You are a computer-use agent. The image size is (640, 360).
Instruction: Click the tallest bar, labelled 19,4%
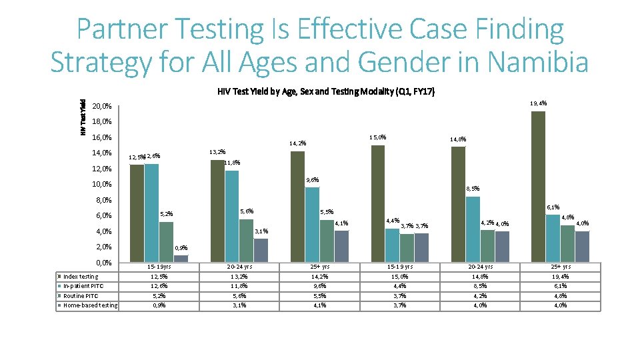pyautogui.click(x=538, y=187)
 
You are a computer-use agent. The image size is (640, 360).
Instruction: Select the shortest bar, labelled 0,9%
pyautogui.click(x=181, y=259)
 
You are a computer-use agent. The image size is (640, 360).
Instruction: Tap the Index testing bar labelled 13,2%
pyautogui.click(x=217, y=211)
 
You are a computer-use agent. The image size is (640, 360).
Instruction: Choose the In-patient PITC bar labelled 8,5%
pyautogui.click(x=473, y=229)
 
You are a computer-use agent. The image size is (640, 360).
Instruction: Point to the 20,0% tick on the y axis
pyautogui.click(x=102, y=107)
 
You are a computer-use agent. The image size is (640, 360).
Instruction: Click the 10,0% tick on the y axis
pyautogui.click(x=102, y=185)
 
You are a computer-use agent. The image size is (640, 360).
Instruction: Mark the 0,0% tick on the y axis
pyautogui.click(x=102, y=263)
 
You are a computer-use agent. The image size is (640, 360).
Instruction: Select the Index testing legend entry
pyautogui.click(x=80, y=277)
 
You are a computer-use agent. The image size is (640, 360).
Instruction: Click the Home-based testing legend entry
pyautogui.click(x=90, y=306)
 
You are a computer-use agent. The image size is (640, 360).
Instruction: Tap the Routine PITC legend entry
pyautogui.click(x=81, y=296)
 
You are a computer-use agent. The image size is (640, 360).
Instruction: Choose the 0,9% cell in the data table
pyautogui.click(x=159, y=306)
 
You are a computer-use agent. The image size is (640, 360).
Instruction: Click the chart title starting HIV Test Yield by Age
pyautogui.click(x=326, y=91)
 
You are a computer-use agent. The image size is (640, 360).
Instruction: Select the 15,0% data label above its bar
pyautogui.click(x=378, y=137)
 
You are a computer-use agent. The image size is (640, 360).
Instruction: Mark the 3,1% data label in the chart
pyautogui.click(x=262, y=231)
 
